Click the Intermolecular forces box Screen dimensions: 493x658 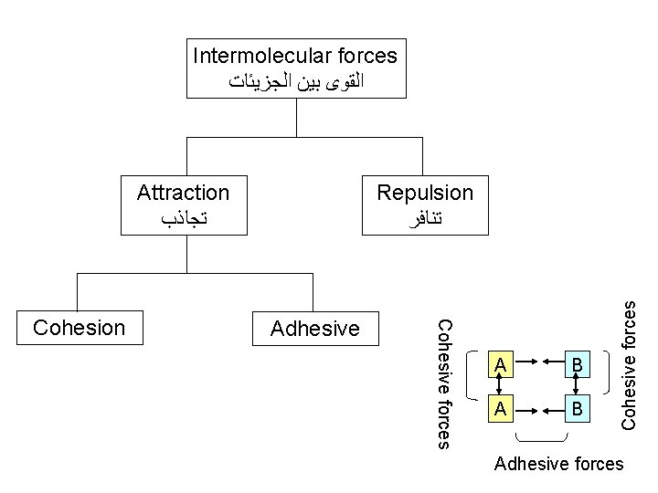click(295, 68)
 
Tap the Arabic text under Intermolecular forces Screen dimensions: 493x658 click(295, 81)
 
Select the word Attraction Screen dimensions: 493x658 click(183, 193)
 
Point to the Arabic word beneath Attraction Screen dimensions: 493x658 click(183, 218)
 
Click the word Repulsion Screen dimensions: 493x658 click(425, 193)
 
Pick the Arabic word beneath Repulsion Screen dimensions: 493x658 click(425, 218)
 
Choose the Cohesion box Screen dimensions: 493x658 click(78, 328)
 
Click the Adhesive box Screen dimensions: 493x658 click(314, 328)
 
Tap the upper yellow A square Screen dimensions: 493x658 click(499, 367)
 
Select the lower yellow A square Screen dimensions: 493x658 click(499, 408)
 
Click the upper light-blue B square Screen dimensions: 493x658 click(578, 367)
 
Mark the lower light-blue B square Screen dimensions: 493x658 click(578, 408)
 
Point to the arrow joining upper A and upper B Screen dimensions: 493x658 click(538, 367)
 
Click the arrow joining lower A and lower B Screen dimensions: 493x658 click(538, 408)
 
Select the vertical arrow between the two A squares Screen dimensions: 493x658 click(499, 387)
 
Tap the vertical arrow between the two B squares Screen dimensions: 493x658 click(578, 387)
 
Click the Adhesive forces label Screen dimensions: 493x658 click(558, 465)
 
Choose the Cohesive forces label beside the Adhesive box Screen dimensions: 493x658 click(441, 383)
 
